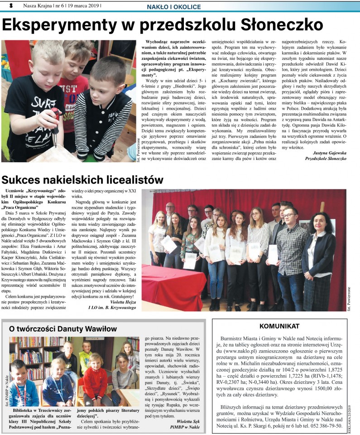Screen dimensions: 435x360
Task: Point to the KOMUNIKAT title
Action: pos(279,326)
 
